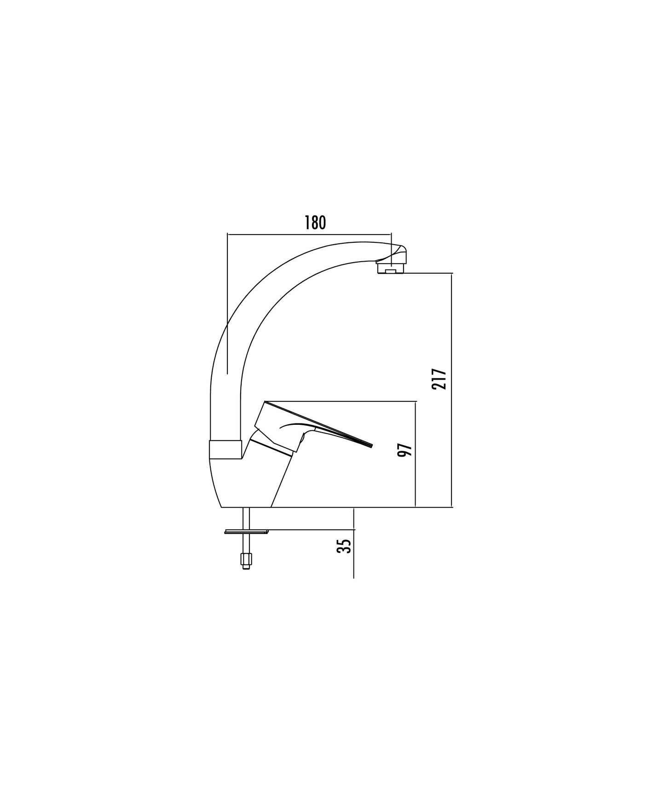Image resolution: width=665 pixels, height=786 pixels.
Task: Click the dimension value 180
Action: [x=315, y=223]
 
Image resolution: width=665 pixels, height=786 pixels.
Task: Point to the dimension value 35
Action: [x=344, y=547]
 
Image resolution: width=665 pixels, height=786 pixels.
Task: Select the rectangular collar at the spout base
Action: [x=225, y=450]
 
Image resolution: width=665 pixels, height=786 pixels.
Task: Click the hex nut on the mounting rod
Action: [x=246, y=560]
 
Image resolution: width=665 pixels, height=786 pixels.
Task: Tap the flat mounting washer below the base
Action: [x=246, y=532]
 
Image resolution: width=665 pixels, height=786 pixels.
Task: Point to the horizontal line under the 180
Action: [x=309, y=234]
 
